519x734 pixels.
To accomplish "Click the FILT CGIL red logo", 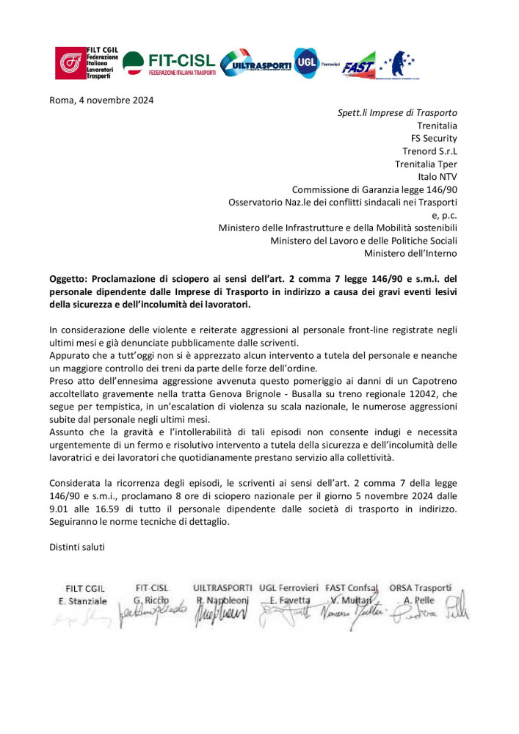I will tap(70, 63).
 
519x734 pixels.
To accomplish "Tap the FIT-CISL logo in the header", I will tap(170, 64).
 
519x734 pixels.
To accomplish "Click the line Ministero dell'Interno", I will tap(410, 253).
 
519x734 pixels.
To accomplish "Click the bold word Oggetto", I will tap(68, 279).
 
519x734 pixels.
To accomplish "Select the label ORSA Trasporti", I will tap(420, 588).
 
